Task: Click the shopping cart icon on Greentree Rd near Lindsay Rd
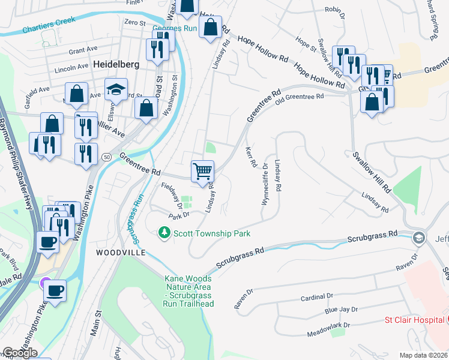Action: (203, 172)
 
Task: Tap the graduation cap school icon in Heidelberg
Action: (116, 89)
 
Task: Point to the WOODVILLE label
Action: (121, 253)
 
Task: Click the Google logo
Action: (20, 353)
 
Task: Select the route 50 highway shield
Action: (106, 156)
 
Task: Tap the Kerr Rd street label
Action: (251, 157)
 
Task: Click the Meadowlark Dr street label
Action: (328, 329)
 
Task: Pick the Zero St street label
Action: (134, 22)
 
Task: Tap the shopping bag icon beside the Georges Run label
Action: (211, 28)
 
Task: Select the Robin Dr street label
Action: (337, 10)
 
